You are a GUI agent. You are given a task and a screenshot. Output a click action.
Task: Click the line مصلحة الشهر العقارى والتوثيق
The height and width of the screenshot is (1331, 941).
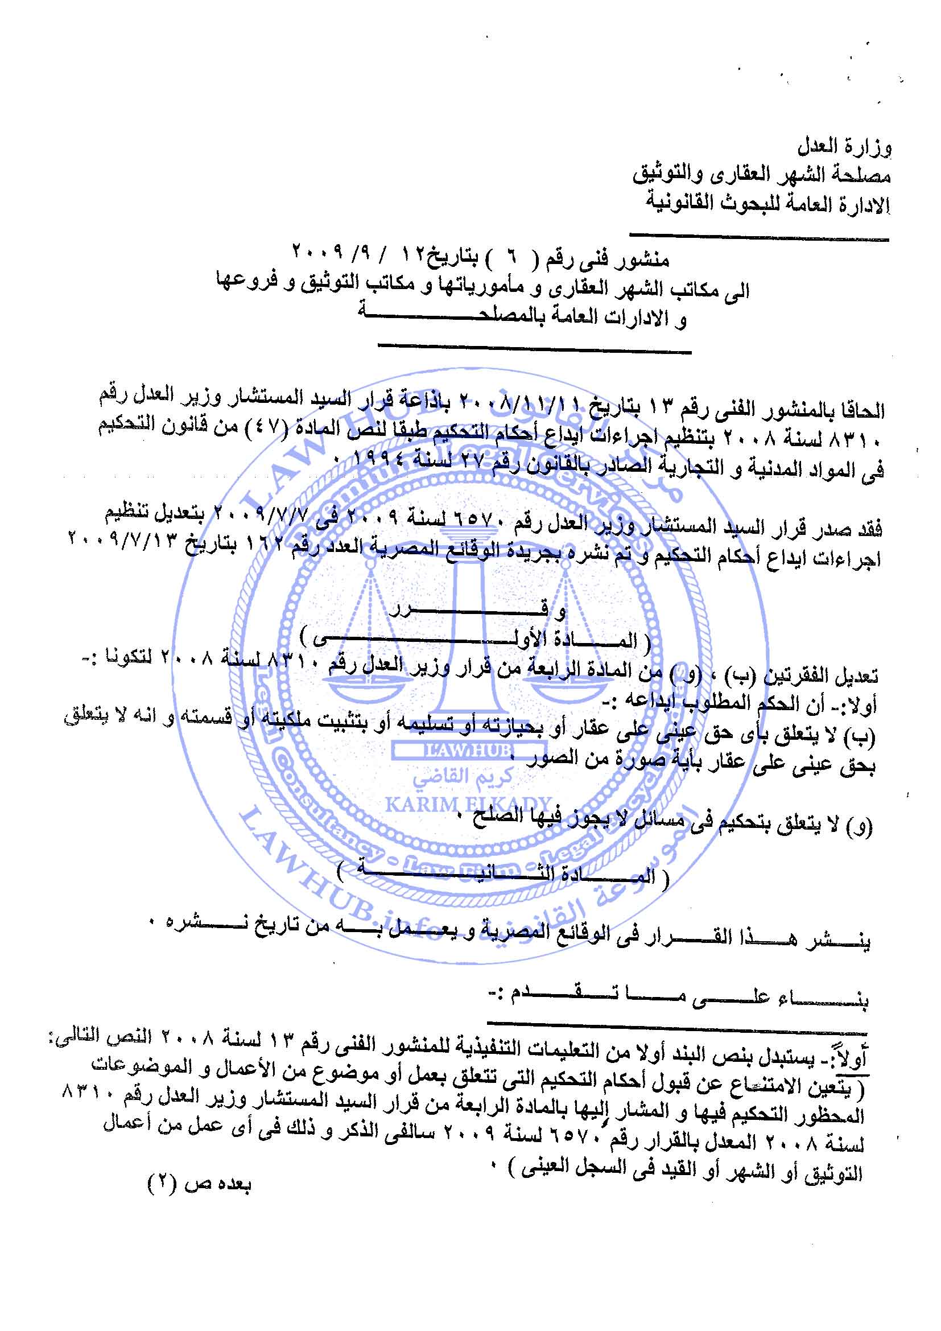point(761,175)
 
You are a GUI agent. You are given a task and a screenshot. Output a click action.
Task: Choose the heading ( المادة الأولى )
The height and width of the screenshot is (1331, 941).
point(475,640)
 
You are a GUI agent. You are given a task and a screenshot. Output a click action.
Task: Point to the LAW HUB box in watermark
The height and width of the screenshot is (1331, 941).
point(468,751)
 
